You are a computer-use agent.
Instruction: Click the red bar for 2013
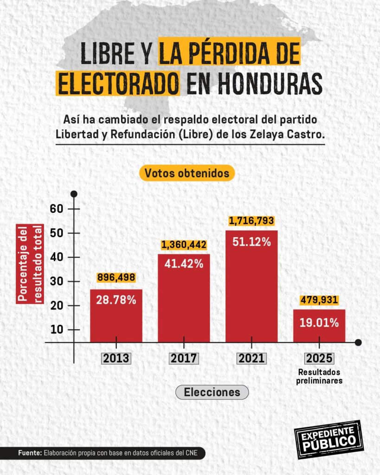point(116,316)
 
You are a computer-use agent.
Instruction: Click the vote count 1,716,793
point(251,221)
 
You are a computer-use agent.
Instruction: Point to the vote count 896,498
point(116,277)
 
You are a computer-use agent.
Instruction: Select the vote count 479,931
point(319,300)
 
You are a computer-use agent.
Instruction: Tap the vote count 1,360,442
point(184,244)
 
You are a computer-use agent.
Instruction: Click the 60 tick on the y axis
point(56,209)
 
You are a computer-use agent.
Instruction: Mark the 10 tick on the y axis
point(56,330)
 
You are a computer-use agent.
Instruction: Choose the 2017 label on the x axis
point(184,359)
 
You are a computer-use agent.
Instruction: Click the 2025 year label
point(319,359)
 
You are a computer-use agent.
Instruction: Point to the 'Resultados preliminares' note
point(319,377)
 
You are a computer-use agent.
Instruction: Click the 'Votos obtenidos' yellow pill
point(187,173)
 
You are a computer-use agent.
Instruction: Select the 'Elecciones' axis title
point(212,392)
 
